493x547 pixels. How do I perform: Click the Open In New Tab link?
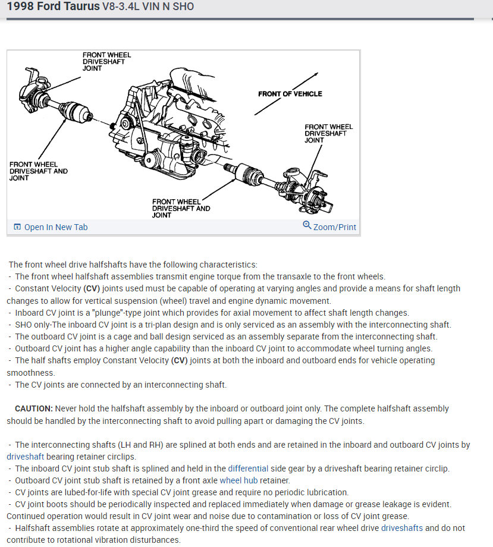(x=55, y=227)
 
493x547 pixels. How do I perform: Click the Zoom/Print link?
(x=335, y=227)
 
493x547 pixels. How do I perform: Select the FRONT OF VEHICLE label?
(x=290, y=94)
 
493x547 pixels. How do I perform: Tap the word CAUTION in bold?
(x=34, y=408)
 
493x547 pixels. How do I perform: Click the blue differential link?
(x=248, y=469)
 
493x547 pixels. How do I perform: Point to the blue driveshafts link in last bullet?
(x=402, y=528)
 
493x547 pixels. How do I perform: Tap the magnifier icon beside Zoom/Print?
(x=307, y=225)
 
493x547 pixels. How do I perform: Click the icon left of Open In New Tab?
(x=17, y=227)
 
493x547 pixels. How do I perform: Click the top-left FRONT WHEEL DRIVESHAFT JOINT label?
(x=106, y=61)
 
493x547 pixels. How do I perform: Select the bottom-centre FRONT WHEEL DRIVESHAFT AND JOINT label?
(x=181, y=208)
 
